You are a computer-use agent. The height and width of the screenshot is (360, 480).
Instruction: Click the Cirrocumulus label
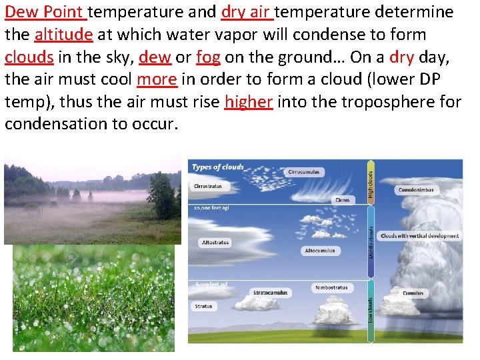[303, 172]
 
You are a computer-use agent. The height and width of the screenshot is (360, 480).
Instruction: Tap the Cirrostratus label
[207, 186]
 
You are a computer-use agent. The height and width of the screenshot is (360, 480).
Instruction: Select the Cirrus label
[341, 200]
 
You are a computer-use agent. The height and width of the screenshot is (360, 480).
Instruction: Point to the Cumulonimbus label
[416, 190]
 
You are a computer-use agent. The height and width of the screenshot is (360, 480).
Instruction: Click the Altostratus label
[215, 243]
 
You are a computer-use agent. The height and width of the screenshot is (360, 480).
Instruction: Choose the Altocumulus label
[319, 251]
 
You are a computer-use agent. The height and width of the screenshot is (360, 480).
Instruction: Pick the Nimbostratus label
[331, 288]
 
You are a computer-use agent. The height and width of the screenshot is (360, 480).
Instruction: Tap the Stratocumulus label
[271, 293]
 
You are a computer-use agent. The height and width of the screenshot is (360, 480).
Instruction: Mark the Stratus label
[204, 307]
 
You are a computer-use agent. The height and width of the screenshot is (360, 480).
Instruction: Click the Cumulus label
[413, 293]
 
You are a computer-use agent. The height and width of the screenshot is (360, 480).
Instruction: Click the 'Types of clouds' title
[217, 167]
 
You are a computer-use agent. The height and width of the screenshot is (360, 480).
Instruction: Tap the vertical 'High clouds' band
[371, 181]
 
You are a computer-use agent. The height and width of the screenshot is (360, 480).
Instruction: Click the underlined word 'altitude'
[63, 35]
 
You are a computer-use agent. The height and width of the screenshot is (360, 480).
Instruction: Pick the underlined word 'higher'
[249, 102]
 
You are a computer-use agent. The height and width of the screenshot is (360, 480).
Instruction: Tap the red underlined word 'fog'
[208, 57]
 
